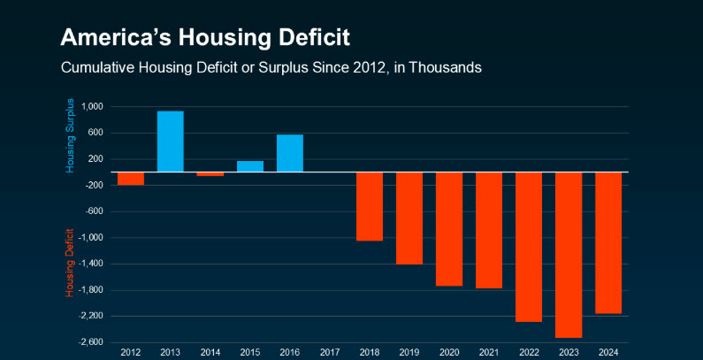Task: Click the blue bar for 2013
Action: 171,142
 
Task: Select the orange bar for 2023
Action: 569,255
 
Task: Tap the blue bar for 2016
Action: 290,153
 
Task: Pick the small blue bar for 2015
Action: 250,166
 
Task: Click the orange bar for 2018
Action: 370,206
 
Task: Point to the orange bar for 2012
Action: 131,179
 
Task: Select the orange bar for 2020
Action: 449,229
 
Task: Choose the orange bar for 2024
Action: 608,242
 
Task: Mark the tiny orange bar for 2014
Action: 210,174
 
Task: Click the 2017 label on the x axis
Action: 330,352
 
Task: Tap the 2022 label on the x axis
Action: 529,352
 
